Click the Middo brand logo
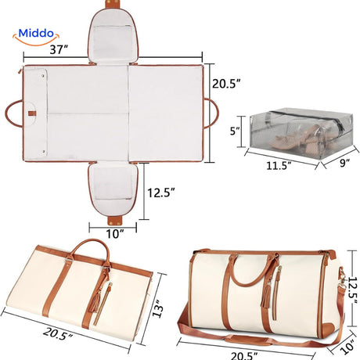point(36,37)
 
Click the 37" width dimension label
point(59,49)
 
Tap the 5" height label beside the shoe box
point(235,131)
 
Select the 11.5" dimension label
point(279,166)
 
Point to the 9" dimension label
point(345,163)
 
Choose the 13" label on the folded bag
point(158,308)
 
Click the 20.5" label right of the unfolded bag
point(226,84)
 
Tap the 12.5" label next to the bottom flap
point(161,193)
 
